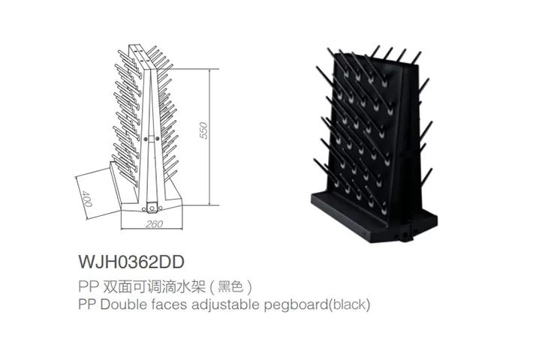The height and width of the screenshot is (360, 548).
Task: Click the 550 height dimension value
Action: pos(203,130)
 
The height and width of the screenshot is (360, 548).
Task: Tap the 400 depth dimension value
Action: pos(86,198)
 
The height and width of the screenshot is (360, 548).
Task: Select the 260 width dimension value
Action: pos(154,223)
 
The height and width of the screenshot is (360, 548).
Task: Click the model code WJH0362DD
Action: pos(131,262)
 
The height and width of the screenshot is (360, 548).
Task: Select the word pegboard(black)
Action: pos(317,304)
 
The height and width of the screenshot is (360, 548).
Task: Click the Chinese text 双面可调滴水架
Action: pos(154,287)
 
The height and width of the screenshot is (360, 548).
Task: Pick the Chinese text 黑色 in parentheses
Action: pos(230,287)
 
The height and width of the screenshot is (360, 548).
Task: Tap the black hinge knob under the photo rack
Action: pos(405,238)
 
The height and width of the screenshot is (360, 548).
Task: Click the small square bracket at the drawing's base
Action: pos(152,208)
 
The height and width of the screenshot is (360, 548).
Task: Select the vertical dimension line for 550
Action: pos(209,137)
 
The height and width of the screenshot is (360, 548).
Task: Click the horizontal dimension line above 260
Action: pos(152,229)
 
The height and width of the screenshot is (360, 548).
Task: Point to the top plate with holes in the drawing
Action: pos(140,55)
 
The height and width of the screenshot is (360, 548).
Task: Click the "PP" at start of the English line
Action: pos(88,304)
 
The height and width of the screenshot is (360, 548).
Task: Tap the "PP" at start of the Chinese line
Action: pos(88,287)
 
